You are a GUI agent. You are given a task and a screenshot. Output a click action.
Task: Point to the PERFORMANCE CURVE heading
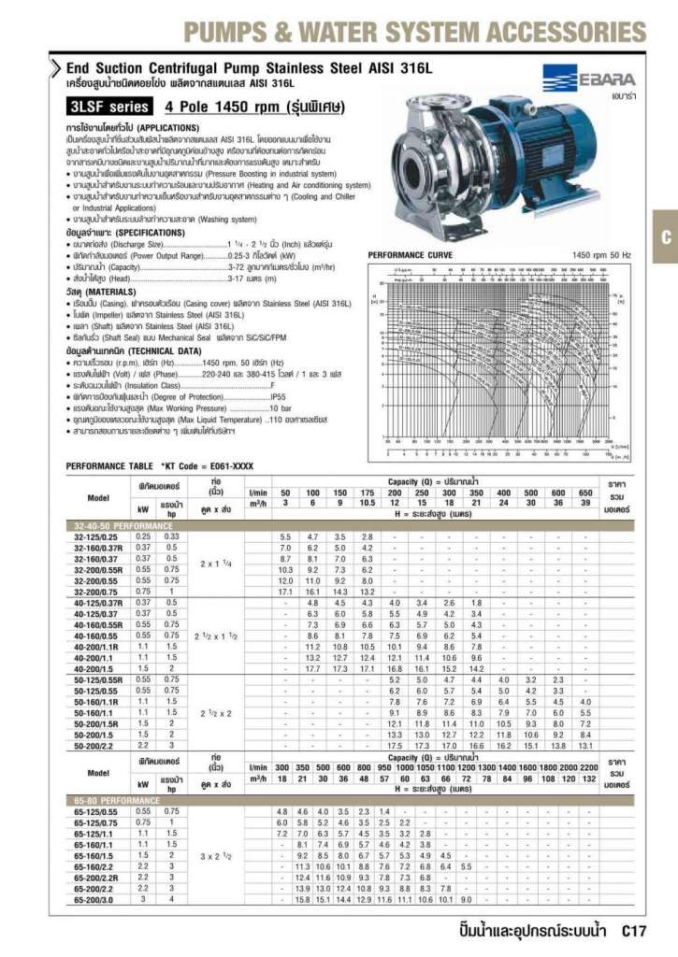click(x=411, y=255)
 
